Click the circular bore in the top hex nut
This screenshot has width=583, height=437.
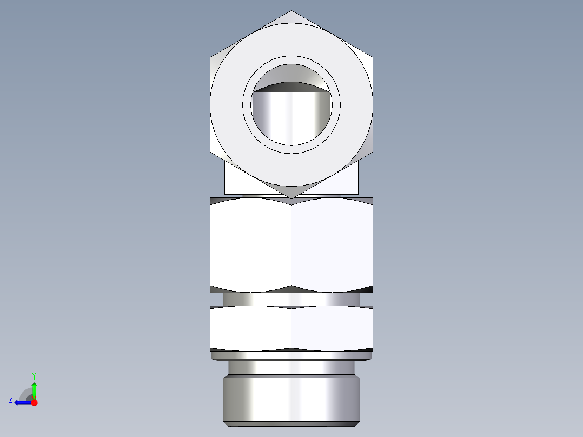click(291, 116)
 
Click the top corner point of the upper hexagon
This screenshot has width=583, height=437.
click(291, 11)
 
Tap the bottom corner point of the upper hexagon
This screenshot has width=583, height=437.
click(291, 197)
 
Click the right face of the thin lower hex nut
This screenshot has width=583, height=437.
click(332, 327)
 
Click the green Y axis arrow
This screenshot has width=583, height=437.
click(34, 389)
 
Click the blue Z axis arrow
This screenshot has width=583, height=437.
click(22, 402)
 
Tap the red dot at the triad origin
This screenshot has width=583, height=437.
click(34, 402)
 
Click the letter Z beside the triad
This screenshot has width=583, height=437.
click(11, 400)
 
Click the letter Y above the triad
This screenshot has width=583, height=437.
click(34, 375)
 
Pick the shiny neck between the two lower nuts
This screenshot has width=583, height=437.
click(291, 299)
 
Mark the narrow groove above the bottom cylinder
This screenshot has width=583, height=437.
click(291, 368)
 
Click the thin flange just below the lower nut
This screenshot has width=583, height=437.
click(291, 355)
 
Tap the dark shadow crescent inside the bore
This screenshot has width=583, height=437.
click(291, 87)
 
